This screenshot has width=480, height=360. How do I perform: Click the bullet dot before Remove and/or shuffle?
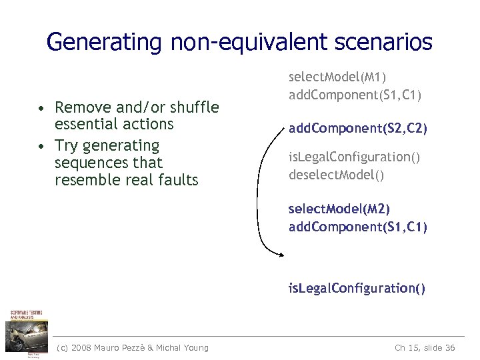[41, 108]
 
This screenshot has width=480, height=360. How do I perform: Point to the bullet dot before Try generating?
[41, 146]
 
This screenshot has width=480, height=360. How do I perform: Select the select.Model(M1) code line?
[337, 77]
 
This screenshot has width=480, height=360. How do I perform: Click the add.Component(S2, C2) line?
[358, 127]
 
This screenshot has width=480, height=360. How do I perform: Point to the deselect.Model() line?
[337, 175]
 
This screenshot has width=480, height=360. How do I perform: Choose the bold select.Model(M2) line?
[339, 209]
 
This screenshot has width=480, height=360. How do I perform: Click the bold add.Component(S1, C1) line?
[358, 227]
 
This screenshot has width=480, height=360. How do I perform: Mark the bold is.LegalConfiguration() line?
[357, 288]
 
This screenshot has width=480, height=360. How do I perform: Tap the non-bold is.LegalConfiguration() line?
[354, 157]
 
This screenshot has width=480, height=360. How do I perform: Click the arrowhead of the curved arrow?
[283, 253]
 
